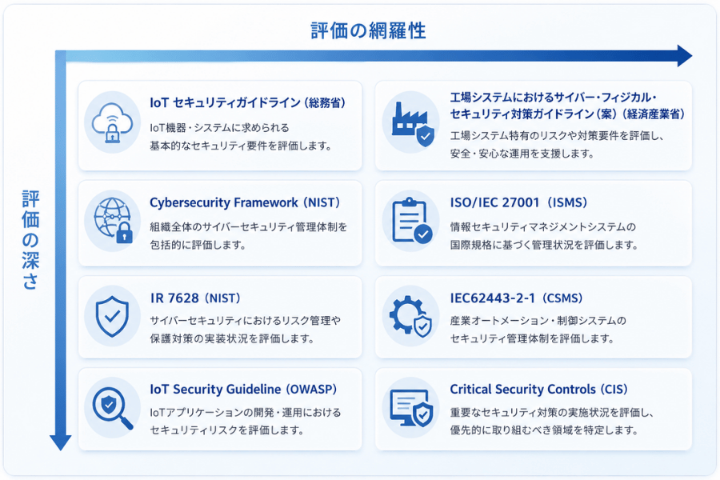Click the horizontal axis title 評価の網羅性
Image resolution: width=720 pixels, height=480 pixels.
click(x=368, y=30)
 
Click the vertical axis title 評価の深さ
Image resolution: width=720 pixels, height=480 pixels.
click(x=30, y=239)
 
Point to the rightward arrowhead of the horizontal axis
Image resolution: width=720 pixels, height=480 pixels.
click(x=685, y=56)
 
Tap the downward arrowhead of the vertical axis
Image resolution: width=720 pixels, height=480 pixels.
click(x=61, y=442)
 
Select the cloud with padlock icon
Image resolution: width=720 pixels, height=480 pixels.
click(x=112, y=123)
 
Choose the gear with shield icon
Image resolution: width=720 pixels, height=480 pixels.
click(x=410, y=316)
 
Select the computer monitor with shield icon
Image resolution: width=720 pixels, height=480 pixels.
click(x=411, y=407)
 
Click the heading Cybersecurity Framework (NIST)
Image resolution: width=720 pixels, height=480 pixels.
click(x=245, y=202)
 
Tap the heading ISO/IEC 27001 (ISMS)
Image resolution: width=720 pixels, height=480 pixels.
click(x=518, y=202)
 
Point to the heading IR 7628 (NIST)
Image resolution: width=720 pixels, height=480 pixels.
click(x=195, y=298)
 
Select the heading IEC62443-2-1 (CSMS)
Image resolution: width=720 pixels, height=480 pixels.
click(x=516, y=298)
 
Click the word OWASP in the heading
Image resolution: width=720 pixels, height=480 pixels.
click(x=311, y=390)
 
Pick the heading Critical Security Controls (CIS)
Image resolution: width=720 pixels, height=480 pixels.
click(x=538, y=390)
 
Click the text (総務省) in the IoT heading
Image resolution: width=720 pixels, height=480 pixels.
click(x=325, y=103)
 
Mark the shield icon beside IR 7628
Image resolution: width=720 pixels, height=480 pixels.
click(x=112, y=317)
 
